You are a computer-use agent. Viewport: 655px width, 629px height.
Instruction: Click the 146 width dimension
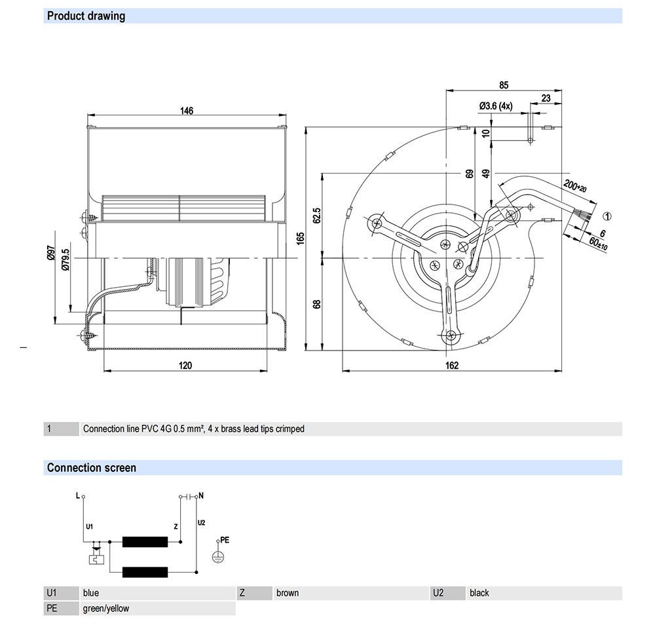[187, 111]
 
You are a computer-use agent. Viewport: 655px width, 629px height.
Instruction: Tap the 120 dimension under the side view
[185, 366]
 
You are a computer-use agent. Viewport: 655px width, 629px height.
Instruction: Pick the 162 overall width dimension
[452, 366]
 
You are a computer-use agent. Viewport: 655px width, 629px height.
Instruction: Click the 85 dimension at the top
[504, 85]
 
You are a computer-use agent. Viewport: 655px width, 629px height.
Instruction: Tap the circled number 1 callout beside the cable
[607, 216]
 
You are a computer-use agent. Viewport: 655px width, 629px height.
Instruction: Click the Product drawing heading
[86, 16]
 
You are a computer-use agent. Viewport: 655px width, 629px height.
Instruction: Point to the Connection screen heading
[92, 468]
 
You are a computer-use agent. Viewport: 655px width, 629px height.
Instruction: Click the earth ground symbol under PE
[218, 556]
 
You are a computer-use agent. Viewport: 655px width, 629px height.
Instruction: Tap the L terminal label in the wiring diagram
[78, 496]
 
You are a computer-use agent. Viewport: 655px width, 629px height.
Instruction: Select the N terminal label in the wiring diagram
[200, 496]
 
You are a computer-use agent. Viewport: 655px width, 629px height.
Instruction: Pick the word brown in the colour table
[288, 593]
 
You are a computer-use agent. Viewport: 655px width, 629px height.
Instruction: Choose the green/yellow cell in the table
[106, 609]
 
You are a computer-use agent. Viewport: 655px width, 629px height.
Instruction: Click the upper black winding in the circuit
[145, 542]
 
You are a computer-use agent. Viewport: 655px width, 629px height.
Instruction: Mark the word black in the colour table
[479, 593]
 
